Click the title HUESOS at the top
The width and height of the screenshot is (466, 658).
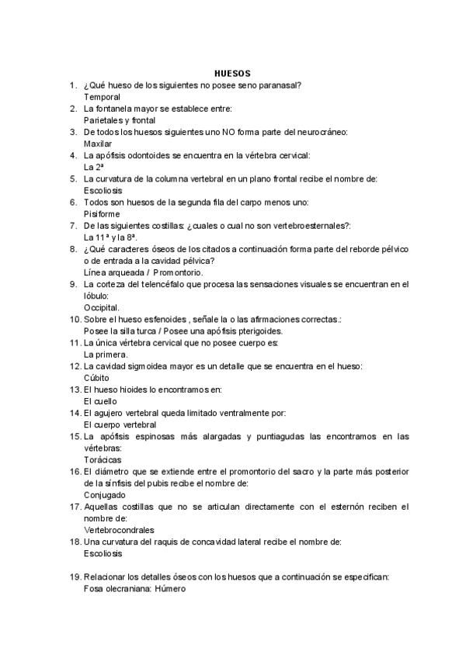click(232, 73)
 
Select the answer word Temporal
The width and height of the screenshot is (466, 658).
click(102, 97)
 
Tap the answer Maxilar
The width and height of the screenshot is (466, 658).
click(98, 144)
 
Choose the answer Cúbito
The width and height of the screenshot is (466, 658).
click(97, 378)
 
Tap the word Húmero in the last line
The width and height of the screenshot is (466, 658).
click(170, 589)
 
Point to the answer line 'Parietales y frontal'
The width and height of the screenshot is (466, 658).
click(120, 120)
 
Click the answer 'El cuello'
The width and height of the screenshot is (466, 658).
click(100, 401)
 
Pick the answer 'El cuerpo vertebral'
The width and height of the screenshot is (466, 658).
click(120, 424)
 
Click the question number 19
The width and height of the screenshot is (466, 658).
click(75, 577)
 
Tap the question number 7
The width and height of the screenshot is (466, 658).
click(72, 225)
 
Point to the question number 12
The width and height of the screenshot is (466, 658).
click(75, 366)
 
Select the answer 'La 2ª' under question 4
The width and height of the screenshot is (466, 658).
click(93, 167)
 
